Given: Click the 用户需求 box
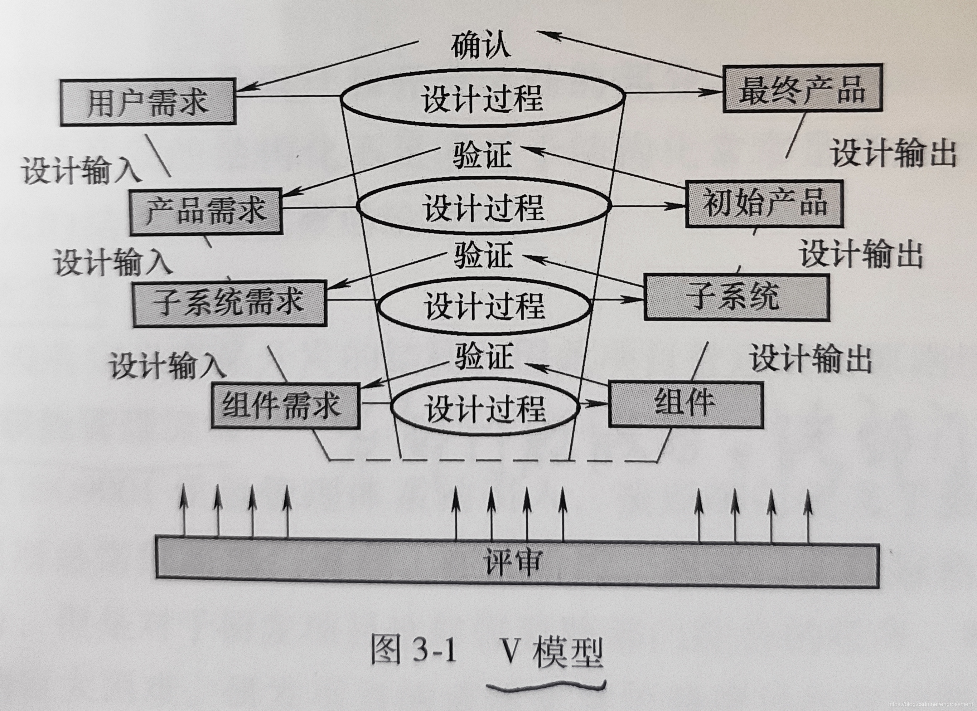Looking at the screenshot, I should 148,102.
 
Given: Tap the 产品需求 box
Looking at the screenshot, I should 206,211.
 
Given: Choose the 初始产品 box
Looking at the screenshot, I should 764,204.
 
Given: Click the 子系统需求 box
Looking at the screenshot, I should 229,303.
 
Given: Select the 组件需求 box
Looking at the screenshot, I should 285,405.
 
